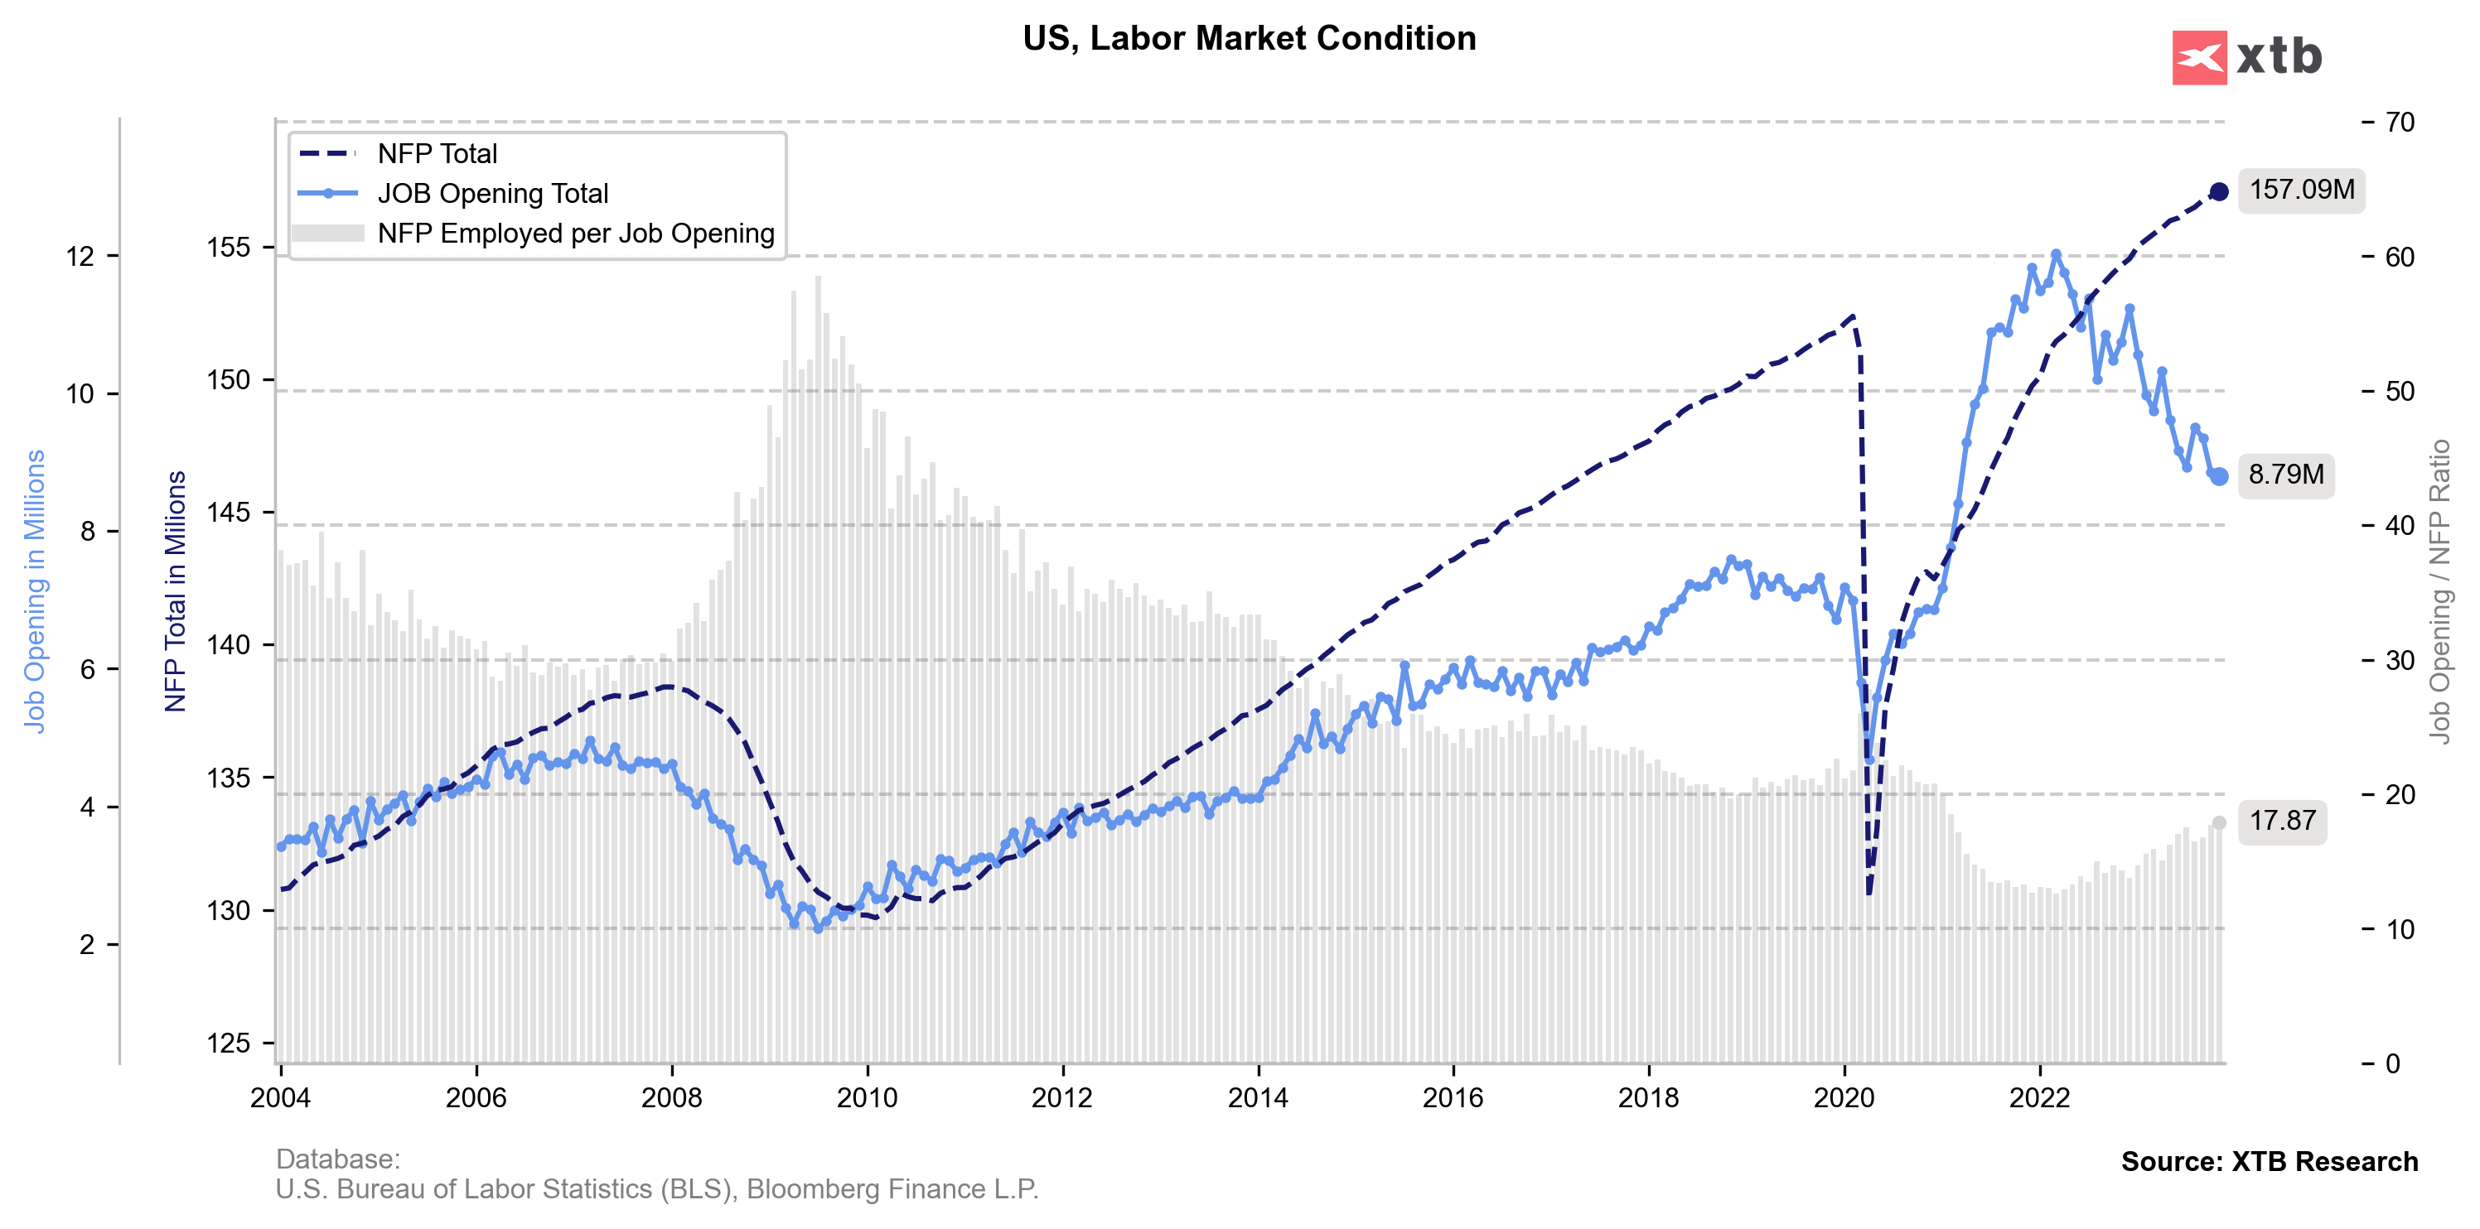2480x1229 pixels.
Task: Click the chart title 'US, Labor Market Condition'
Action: (1249, 38)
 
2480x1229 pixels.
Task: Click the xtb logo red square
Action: (2199, 58)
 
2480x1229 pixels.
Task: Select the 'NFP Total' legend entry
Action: (437, 154)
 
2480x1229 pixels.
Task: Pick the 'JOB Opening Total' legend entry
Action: (492, 194)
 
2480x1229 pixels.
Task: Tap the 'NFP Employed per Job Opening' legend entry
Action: (575, 234)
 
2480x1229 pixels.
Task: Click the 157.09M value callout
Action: (2301, 190)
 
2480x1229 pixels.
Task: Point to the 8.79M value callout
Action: (2285, 475)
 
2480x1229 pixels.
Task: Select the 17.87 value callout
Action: (2282, 821)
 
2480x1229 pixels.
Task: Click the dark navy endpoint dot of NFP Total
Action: (2219, 191)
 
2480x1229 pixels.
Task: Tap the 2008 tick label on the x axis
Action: (671, 1098)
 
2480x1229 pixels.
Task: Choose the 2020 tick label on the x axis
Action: (1844, 1098)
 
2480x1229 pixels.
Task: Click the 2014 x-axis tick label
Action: (1257, 1098)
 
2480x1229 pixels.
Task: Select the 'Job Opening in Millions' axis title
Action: (35, 591)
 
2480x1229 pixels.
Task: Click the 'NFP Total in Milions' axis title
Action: (175, 591)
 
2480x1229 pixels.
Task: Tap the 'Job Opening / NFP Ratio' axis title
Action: (2439, 591)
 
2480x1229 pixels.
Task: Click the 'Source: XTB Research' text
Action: (2270, 1162)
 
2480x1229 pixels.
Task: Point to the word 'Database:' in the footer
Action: (338, 1159)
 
